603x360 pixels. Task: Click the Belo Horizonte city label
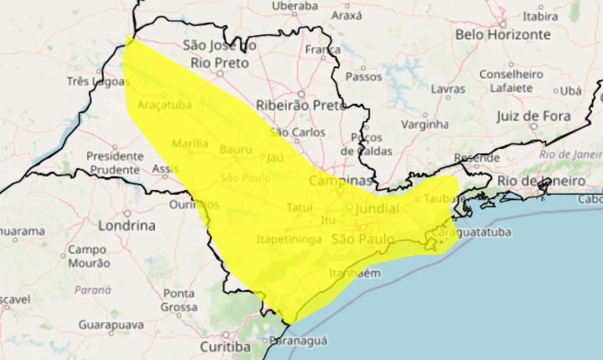click(503, 35)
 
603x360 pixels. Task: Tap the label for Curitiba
click(225, 347)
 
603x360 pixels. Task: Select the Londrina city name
click(127, 226)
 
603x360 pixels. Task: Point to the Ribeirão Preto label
click(301, 106)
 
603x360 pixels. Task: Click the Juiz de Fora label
click(533, 116)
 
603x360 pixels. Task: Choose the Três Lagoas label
click(98, 82)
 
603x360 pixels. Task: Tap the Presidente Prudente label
click(115, 163)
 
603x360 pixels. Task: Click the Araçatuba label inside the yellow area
click(164, 105)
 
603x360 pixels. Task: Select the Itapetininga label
click(289, 239)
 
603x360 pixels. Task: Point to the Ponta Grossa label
click(179, 300)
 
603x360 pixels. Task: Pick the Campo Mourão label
click(89, 256)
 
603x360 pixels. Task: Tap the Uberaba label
click(295, 6)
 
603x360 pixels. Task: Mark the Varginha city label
click(424, 125)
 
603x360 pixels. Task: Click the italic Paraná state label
click(93, 290)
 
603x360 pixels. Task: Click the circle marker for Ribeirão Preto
click(301, 94)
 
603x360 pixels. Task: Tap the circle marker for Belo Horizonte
click(503, 24)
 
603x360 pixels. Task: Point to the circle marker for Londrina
click(127, 213)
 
